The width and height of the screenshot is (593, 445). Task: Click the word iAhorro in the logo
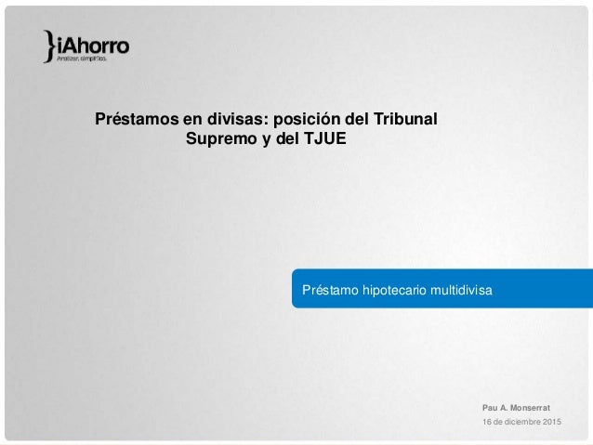(x=91, y=43)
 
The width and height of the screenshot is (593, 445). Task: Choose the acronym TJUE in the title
(x=321, y=141)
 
